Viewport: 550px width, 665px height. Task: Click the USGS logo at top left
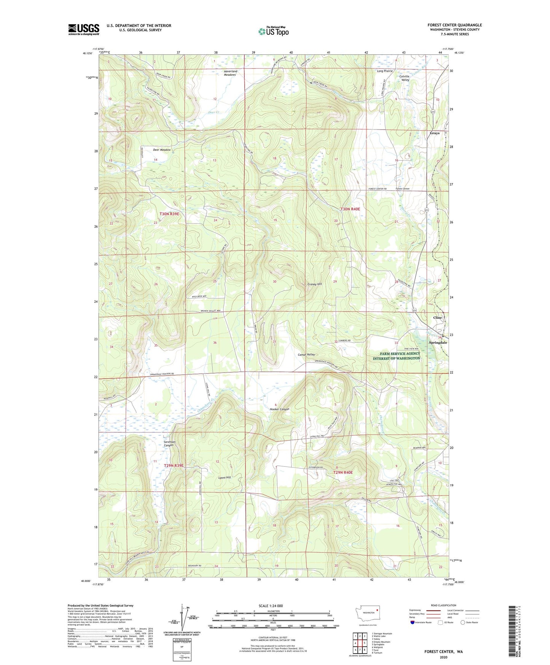tap(84, 29)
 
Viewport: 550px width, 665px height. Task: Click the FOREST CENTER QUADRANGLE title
tap(454, 25)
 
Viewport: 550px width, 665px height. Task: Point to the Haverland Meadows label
tap(230, 73)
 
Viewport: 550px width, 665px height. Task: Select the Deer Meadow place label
tap(162, 150)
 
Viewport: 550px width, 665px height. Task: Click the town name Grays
tap(434, 133)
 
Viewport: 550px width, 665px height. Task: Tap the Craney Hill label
tap(314, 284)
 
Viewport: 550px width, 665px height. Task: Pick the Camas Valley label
tap(306, 355)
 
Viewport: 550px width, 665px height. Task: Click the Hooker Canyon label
tap(279, 409)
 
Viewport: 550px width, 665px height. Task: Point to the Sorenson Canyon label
tap(169, 443)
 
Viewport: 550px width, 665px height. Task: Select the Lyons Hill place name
tap(224, 477)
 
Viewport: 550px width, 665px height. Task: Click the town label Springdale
tap(438, 342)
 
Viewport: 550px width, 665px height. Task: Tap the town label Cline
tap(437, 318)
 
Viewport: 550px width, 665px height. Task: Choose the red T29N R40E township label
tap(343, 472)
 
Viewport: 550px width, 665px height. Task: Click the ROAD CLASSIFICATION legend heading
tap(443, 605)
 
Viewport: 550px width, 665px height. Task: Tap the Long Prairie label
tap(384, 71)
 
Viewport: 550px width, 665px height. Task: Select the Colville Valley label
tap(404, 78)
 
